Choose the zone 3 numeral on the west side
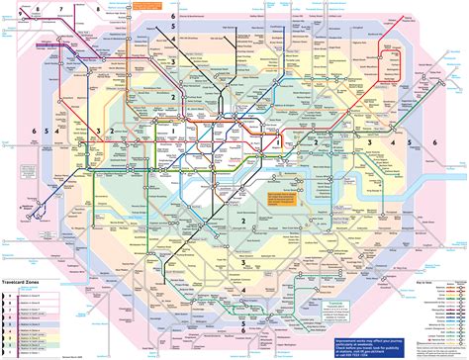pos(98,132)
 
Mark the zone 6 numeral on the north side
pos(172,17)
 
